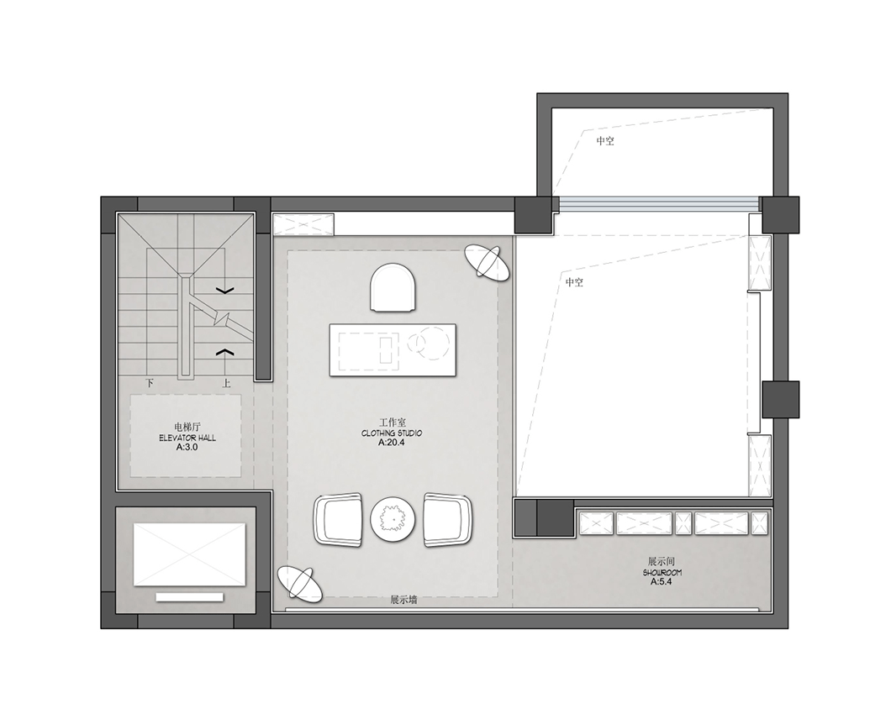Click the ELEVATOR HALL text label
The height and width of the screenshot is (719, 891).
coord(187,438)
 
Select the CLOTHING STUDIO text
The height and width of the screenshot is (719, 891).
coord(392,433)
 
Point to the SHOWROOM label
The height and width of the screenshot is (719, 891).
coord(662,573)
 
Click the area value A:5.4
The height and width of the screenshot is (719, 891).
coord(662,582)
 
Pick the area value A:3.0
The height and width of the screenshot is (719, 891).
coord(187,448)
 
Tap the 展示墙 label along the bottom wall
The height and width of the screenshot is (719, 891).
coord(403,600)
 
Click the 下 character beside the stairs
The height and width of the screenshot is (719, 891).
coord(150,383)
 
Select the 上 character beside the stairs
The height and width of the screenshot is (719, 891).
coord(226,383)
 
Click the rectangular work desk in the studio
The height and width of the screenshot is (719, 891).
coord(393,350)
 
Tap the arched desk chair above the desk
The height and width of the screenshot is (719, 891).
coord(393,287)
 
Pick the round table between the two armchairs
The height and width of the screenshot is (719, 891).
coord(393,519)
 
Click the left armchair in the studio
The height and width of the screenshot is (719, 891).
coord(338,520)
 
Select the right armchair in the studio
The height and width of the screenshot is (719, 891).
coord(448,520)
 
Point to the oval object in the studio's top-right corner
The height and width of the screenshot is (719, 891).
coord(487,262)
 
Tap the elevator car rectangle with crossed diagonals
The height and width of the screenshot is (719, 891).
coord(190,555)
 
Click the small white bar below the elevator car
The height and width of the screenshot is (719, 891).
coord(190,597)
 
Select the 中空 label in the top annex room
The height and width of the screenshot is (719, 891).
coord(605,141)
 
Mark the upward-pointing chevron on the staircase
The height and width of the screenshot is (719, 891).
coord(225,352)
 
